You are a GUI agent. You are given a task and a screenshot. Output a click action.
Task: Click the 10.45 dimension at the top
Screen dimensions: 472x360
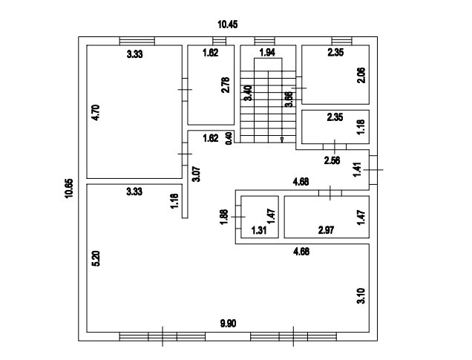tap(228, 24)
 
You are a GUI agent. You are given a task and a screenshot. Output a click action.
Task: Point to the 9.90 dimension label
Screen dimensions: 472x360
tap(228, 324)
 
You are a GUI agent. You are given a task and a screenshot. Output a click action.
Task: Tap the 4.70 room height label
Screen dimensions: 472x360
tap(96, 113)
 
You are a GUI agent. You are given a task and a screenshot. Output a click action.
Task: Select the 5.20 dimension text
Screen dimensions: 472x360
tap(96, 258)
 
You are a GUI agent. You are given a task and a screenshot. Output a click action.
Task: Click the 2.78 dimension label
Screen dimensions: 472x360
tap(225, 85)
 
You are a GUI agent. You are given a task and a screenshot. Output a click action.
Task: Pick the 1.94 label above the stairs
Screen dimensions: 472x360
tap(267, 53)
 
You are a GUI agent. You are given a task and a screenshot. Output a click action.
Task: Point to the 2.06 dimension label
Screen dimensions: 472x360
tap(361, 75)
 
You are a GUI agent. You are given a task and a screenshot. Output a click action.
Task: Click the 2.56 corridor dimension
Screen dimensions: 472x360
tap(332, 160)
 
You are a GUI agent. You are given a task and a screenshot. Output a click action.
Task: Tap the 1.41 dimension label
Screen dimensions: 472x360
tap(357, 170)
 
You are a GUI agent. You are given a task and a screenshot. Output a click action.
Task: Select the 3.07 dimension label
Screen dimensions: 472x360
tap(196, 174)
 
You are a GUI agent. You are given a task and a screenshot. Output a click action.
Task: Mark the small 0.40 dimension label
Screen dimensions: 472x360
tap(229, 138)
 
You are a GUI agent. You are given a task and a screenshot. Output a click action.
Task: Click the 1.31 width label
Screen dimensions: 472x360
tap(259, 231)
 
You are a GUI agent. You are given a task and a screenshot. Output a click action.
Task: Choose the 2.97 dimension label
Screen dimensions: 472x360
tap(326, 231)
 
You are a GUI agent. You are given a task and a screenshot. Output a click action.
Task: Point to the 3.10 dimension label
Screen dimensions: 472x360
tap(361, 296)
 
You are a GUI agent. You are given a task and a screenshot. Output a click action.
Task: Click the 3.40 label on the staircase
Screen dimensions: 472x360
tap(249, 93)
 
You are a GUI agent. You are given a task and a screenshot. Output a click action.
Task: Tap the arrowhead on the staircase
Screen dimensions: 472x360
tap(282, 140)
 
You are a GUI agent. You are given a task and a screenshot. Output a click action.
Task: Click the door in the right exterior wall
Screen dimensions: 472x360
tap(373, 170)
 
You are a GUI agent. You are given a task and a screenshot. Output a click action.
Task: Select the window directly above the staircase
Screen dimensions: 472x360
tap(265, 41)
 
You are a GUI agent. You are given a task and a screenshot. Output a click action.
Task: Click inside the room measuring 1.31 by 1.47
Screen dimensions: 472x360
tap(260, 217)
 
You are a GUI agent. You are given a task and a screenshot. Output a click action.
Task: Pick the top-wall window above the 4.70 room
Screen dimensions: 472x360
tap(137, 41)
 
